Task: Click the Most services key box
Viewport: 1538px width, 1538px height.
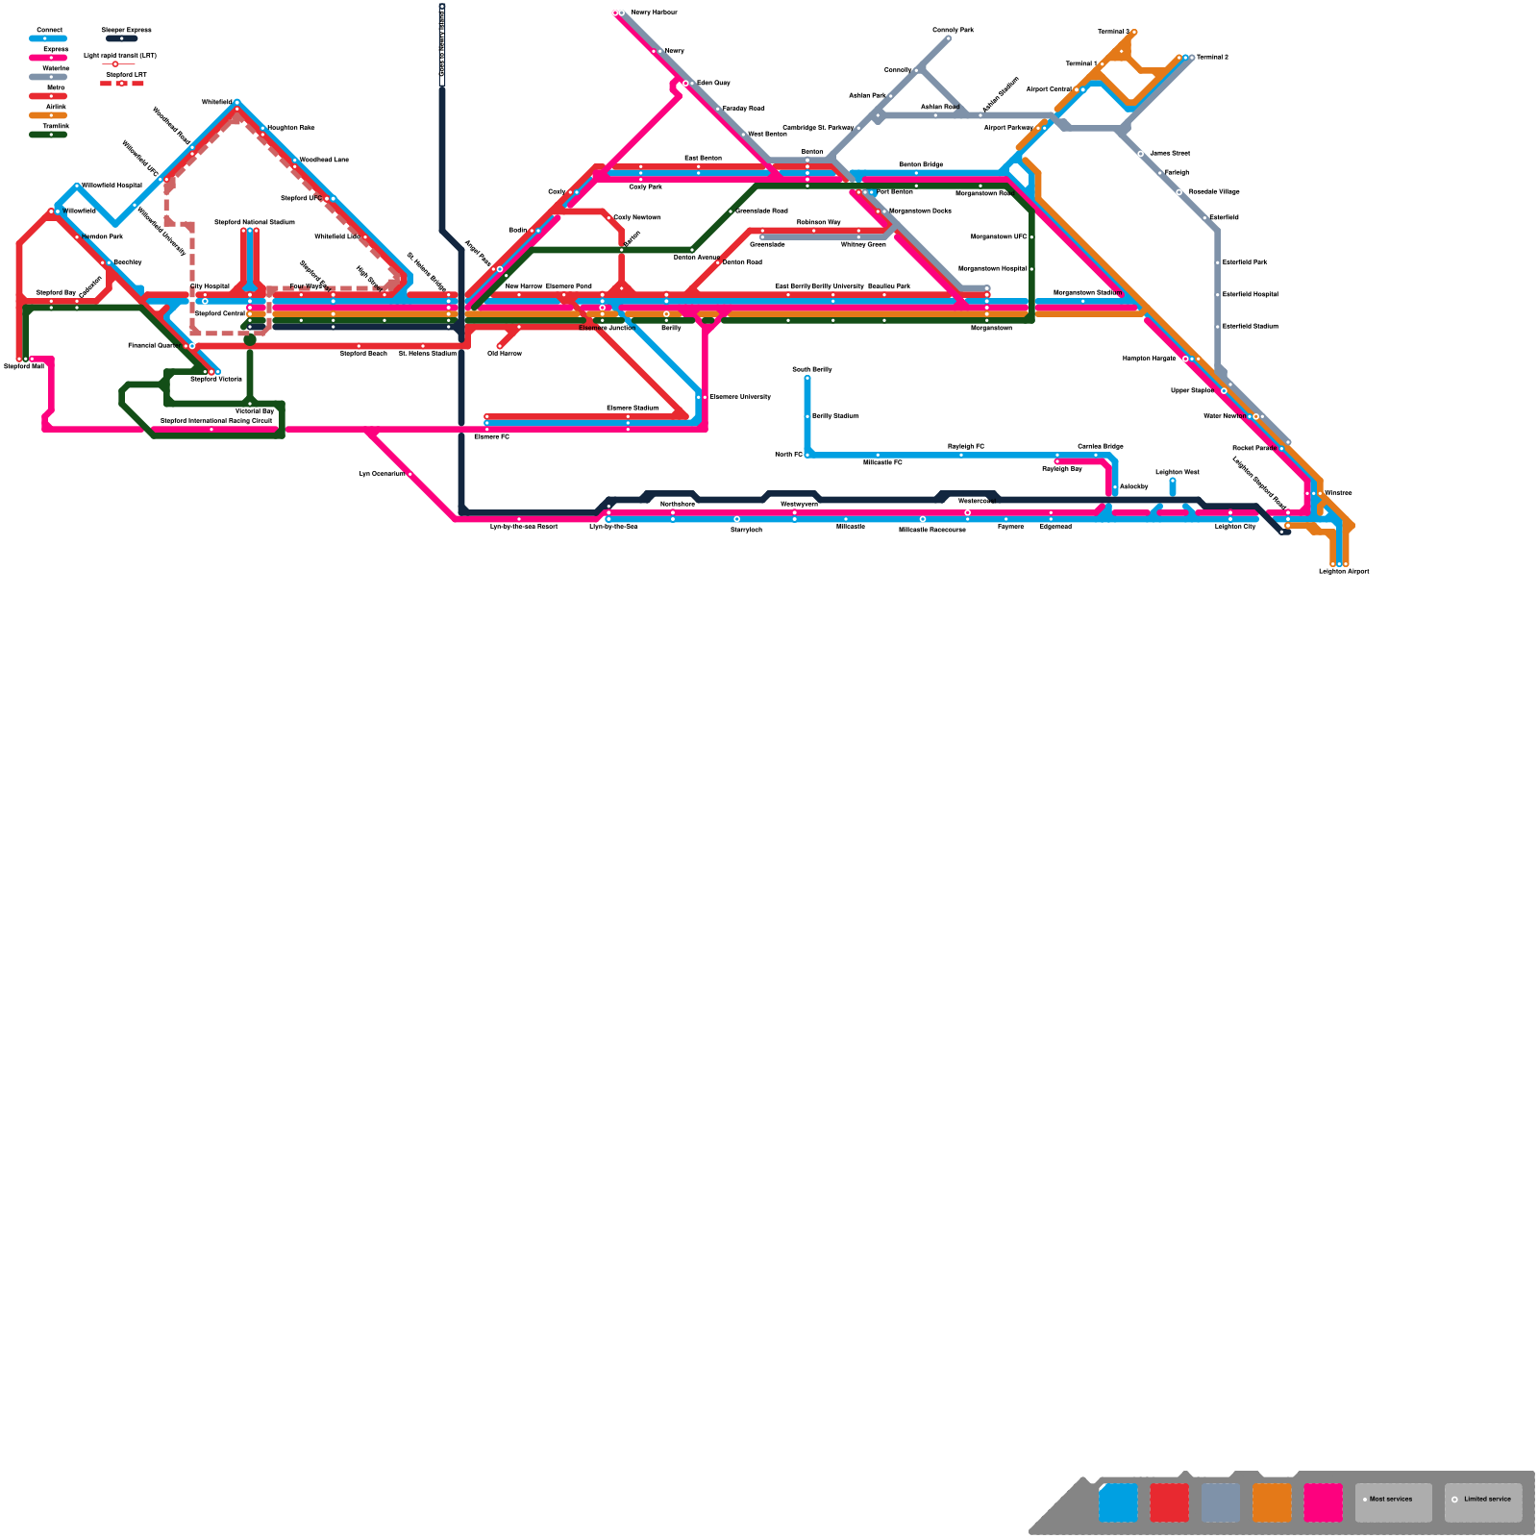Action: [x=1393, y=1502]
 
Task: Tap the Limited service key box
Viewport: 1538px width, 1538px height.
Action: [x=1482, y=1502]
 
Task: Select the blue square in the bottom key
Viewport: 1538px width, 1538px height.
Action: [x=1118, y=1502]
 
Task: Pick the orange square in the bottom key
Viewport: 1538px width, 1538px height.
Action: [x=1272, y=1502]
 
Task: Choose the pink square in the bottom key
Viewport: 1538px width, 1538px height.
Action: [x=1323, y=1502]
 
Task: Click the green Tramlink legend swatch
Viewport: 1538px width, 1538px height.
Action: [x=48, y=135]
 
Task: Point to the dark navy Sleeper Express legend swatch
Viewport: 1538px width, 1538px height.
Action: [x=122, y=39]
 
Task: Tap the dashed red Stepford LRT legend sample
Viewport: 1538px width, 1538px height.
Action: [x=122, y=84]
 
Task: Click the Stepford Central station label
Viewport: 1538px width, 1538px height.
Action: [x=220, y=313]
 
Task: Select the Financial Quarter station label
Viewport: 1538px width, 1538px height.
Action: [x=154, y=345]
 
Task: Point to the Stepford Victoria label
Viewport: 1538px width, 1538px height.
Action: [x=216, y=380]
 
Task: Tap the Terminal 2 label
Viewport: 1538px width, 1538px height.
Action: [x=1212, y=58]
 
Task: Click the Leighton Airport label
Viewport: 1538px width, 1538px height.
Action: [x=1344, y=572]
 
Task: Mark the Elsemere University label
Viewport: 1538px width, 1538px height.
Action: [x=740, y=397]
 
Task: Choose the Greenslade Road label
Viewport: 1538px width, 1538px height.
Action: [x=762, y=211]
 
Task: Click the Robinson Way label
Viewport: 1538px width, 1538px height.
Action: [x=818, y=222]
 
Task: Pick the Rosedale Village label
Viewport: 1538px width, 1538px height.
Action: [x=1214, y=192]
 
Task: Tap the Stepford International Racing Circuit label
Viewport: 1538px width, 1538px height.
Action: [x=216, y=421]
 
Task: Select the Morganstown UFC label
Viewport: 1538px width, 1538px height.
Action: [x=999, y=236]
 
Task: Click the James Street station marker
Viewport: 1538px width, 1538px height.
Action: [x=1141, y=154]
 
